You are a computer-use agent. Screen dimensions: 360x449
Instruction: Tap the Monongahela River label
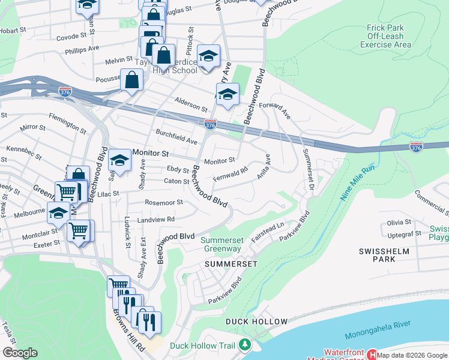(378, 340)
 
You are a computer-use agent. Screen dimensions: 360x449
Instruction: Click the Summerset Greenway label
(220, 244)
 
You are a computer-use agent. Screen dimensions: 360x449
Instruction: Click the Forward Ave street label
(275, 110)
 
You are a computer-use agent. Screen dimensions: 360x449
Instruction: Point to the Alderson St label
(190, 104)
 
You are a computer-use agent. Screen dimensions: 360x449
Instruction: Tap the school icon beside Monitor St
(119, 160)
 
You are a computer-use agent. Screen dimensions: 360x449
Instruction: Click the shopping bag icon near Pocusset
(131, 79)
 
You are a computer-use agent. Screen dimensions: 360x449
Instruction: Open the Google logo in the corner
(20, 353)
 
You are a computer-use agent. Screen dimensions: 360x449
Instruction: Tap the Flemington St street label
(67, 122)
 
